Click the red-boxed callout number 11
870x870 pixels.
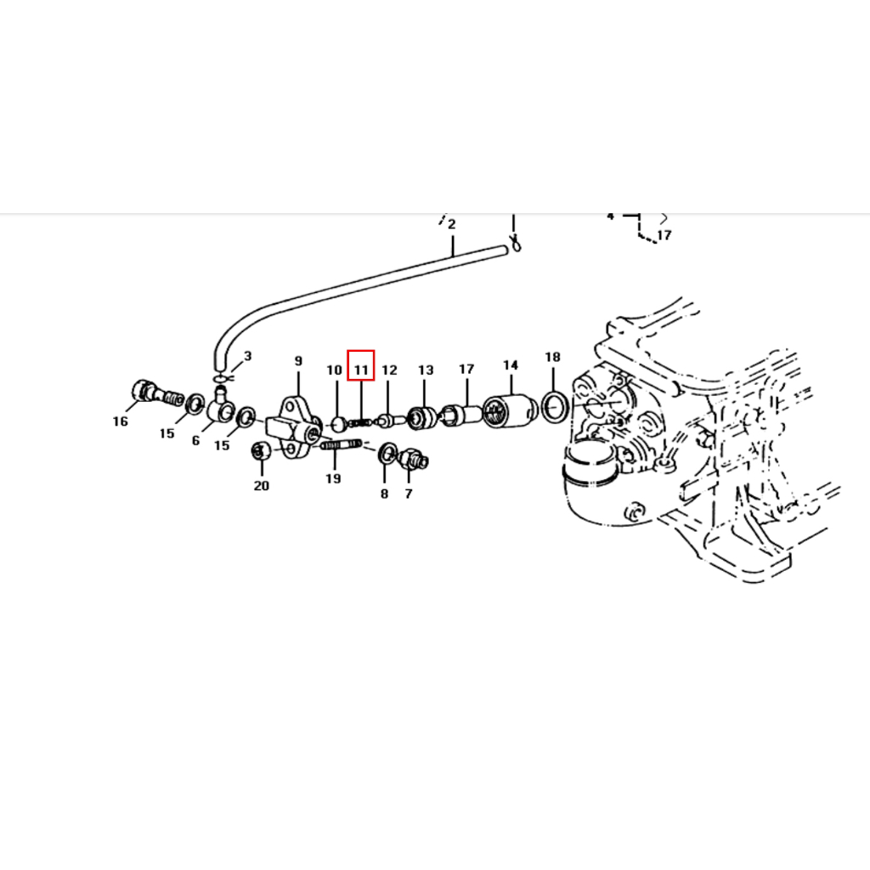point(360,370)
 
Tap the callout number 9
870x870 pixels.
point(298,361)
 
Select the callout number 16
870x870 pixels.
point(121,421)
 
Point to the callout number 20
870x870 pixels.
point(262,486)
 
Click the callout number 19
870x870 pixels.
point(333,479)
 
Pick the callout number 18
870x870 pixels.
point(552,357)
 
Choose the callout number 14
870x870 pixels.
point(511,365)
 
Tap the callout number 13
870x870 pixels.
point(426,370)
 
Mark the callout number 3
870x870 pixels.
point(247,356)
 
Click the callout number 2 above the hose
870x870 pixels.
point(452,224)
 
